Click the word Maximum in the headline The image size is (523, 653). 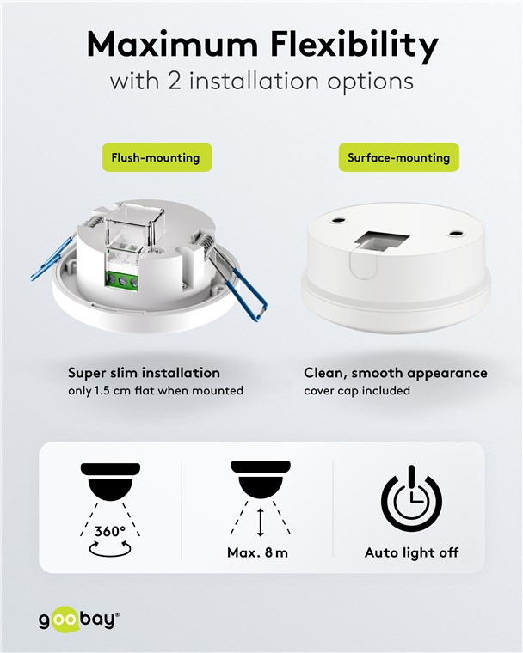(x=172, y=44)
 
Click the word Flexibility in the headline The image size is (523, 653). (x=354, y=46)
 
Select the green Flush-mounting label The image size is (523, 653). (x=157, y=157)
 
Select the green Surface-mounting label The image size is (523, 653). (x=399, y=157)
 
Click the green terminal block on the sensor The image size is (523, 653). (x=123, y=280)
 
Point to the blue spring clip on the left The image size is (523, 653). (x=53, y=258)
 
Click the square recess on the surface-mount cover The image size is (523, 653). (x=381, y=243)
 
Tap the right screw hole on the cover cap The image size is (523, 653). (x=454, y=231)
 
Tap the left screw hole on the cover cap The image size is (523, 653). (x=338, y=218)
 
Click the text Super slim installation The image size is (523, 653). (x=144, y=373)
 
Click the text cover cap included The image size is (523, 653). (x=357, y=391)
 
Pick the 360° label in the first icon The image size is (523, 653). (x=110, y=531)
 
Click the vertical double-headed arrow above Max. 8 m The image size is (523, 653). (x=261, y=522)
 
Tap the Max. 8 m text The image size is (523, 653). (x=257, y=552)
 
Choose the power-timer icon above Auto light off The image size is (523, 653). (x=411, y=498)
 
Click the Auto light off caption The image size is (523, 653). (x=412, y=552)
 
